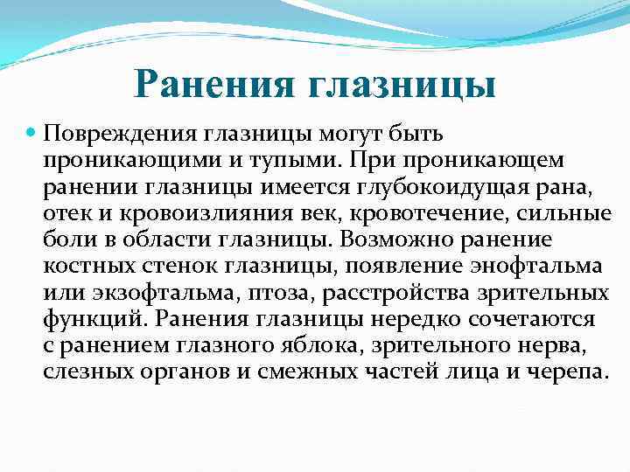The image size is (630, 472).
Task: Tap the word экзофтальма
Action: point(144,291)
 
